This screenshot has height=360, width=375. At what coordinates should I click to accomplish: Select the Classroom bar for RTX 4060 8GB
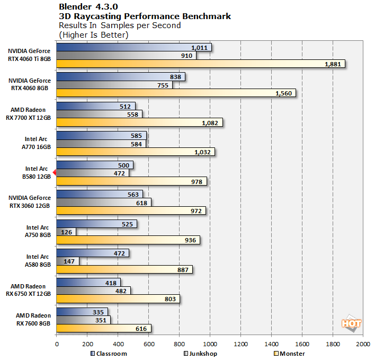point(120,77)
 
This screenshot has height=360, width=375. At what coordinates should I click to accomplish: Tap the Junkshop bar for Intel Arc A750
point(66,232)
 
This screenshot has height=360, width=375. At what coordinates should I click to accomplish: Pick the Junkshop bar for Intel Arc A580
point(67,261)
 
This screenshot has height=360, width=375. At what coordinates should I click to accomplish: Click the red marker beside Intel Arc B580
point(54,172)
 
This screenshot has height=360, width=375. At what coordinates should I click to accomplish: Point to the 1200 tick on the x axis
point(240,344)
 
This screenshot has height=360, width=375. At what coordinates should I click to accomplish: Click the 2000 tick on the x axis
point(363,344)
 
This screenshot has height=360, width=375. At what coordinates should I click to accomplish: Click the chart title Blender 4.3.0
point(89,7)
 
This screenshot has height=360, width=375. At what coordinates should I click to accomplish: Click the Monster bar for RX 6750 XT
point(118,298)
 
